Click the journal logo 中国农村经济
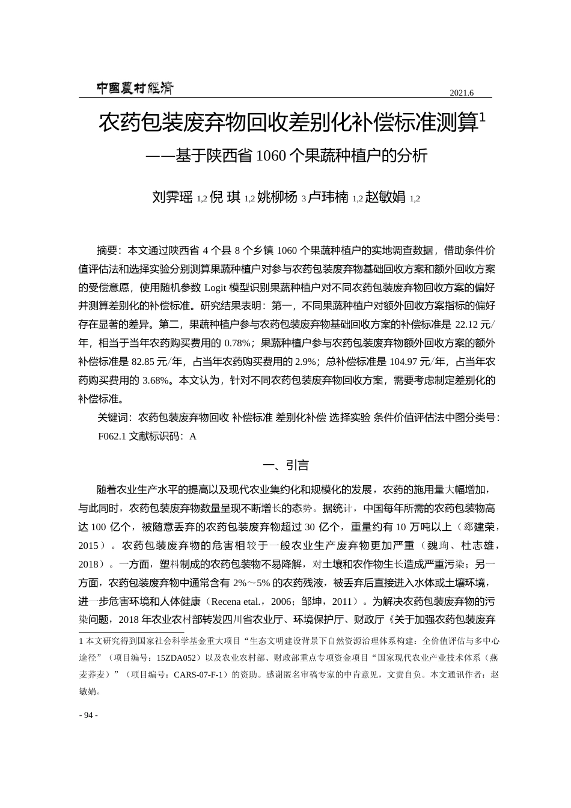pyautogui.click(x=135, y=88)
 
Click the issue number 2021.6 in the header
pyautogui.click(x=462, y=93)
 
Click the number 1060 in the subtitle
pyautogui.click(x=272, y=156)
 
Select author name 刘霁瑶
pyautogui.click(x=173, y=197)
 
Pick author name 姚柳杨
pyautogui.click(x=277, y=197)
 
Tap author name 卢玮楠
pyautogui.click(x=328, y=197)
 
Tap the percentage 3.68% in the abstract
pyautogui.click(x=156, y=381)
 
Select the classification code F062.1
pyautogui.click(x=112, y=437)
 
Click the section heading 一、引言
pyautogui.click(x=285, y=465)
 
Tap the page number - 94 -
pyautogui.click(x=88, y=715)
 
